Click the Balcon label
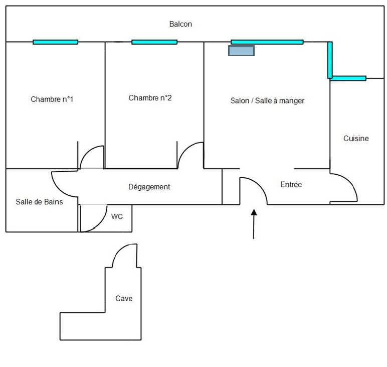(180, 24)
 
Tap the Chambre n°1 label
(52, 99)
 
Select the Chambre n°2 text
(150, 98)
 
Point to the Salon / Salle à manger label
(267, 100)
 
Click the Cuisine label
(356, 139)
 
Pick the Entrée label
(291, 185)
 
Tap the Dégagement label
(149, 187)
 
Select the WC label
(117, 217)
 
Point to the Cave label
(124, 298)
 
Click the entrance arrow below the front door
(254, 223)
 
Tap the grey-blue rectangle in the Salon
(241, 51)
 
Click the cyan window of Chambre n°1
(55, 42)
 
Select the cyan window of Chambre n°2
(154, 42)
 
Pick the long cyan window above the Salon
(267, 42)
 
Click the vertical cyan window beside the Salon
(330, 60)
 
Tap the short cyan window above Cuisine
(348, 78)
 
